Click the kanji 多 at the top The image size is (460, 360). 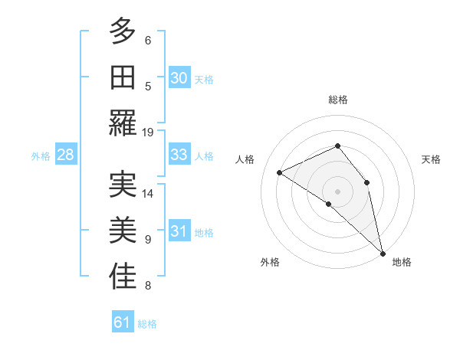[x=122, y=31]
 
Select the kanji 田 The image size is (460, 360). [x=122, y=77]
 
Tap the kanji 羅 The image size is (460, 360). [x=122, y=123]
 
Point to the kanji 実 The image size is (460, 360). [x=122, y=184]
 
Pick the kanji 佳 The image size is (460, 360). [x=122, y=277]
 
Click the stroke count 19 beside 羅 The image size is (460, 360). [x=148, y=132]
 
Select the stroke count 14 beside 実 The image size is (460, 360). [x=148, y=193]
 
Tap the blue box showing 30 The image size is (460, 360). [x=179, y=77]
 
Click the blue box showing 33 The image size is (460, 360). [x=179, y=155]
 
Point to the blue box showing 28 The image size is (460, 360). [x=65, y=155]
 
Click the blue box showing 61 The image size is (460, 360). [x=123, y=322]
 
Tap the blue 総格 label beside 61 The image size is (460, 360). [x=147, y=324]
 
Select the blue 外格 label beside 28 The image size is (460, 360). [x=41, y=156]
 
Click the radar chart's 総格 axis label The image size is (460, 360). [x=337, y=100]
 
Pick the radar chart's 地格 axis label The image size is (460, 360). [x=402, y=262]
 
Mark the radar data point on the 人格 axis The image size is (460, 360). [x=280, y=172]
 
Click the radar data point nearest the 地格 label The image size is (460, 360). [x=382, y=252]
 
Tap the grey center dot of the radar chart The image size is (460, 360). [x=337, y=191]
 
